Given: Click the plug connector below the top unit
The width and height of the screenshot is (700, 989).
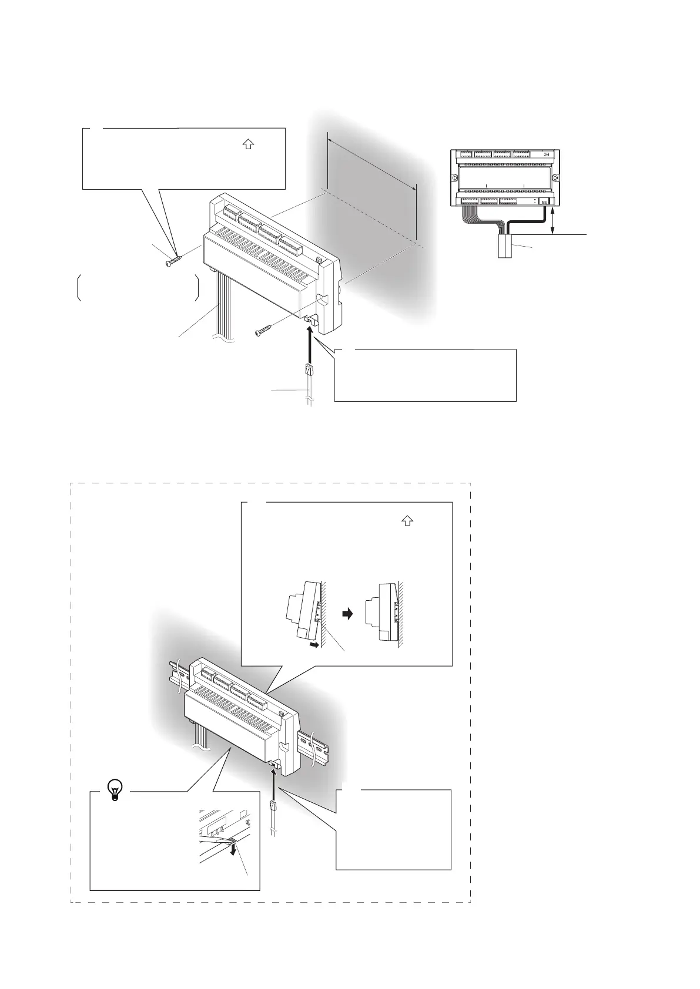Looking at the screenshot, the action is point(309,371).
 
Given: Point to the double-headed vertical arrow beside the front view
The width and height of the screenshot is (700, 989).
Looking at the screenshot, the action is point(553,221).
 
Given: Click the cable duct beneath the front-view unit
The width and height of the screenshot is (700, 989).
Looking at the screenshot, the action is point(506,246).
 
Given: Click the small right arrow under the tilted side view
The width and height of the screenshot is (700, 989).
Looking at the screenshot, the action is point(316,645).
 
